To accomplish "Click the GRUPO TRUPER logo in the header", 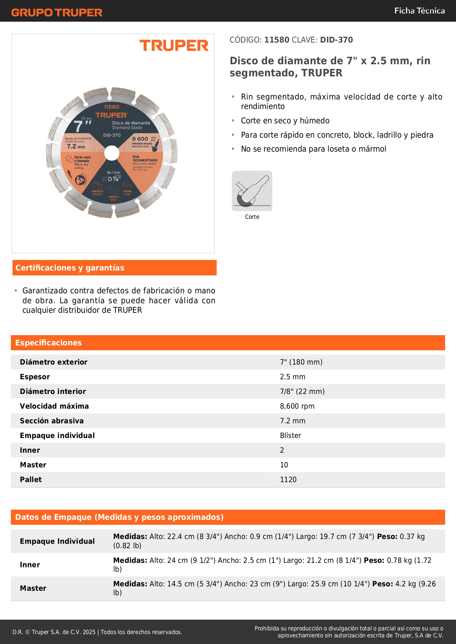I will (57, 12).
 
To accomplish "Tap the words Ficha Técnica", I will (419, 11).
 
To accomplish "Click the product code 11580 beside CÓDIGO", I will (277, 40).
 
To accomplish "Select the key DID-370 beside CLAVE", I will (336, 40).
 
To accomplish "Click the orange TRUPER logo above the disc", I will (174, 46).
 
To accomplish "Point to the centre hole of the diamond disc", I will (112, 153).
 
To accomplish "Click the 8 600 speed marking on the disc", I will (140, 139).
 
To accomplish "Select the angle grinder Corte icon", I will (252, 191).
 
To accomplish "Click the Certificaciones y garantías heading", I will (70, 268).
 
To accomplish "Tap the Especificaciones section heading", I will (49, 343).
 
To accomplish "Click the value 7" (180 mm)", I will (301, 362).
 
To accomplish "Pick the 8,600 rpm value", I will (297, 406).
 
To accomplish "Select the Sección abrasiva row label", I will (52, 421).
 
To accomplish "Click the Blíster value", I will (291, 435).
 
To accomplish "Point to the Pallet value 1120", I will (288, 480).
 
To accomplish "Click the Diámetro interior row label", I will (53, 391).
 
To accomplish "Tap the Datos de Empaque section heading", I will (119, 517).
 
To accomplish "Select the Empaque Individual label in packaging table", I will (57, 541).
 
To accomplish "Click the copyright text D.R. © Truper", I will (97, 632).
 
